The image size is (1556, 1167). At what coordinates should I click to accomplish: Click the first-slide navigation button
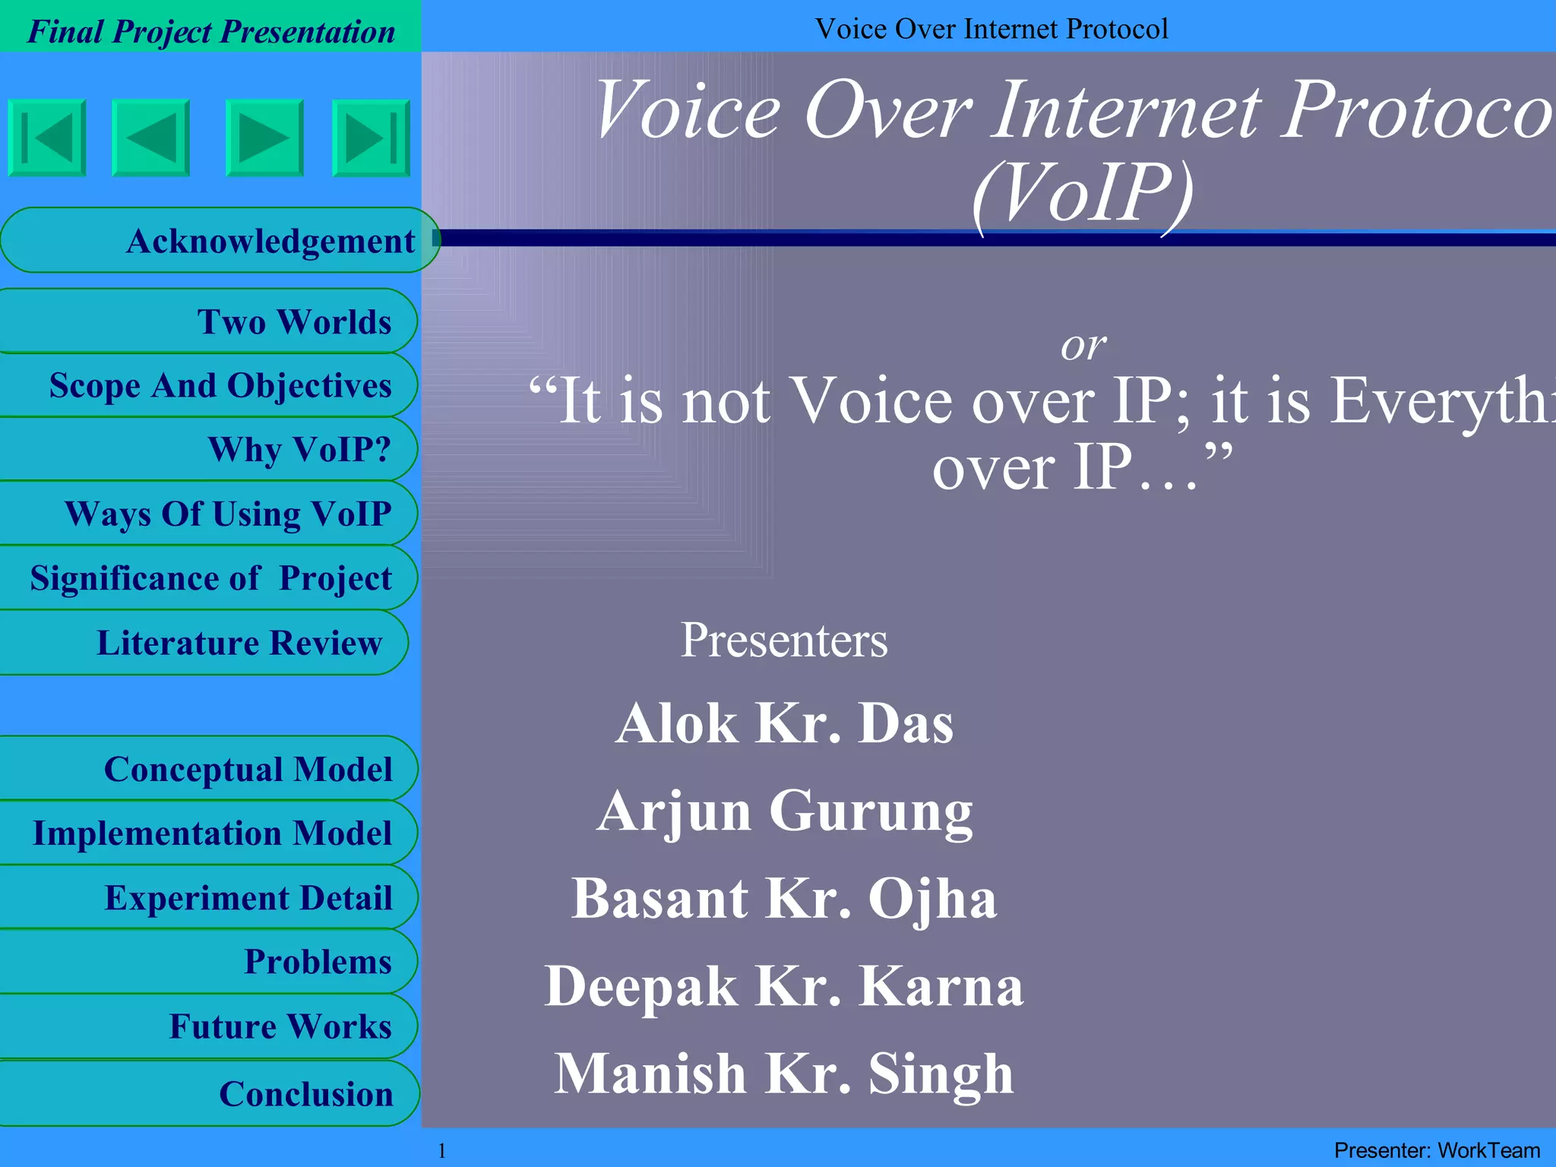click(47, 138)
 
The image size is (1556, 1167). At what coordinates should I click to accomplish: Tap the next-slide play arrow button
click(264, 138)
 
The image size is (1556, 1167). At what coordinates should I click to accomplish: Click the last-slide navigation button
click(371, 138)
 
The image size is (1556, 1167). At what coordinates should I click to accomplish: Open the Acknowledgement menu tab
click(220, 241)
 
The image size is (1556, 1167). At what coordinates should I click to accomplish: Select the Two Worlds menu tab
click(209, 321)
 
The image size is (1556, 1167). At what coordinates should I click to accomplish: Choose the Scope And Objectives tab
click(209, 385)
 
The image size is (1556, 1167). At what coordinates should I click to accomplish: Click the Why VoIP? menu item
click(209, 450)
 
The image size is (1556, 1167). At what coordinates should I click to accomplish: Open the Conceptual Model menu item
click(209, 769)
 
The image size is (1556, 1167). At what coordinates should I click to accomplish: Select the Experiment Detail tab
click(209, 897)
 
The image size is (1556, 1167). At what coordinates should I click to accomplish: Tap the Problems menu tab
click(209, 962)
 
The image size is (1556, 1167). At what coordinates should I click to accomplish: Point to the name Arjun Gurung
click(784, 811)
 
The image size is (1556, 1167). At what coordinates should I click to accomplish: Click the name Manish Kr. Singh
click(784, 1074)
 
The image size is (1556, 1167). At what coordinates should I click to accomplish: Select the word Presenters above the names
click(783, 640)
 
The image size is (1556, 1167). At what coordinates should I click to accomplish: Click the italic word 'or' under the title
click(1083, 346)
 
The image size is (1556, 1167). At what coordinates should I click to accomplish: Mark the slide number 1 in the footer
click(442, 1150)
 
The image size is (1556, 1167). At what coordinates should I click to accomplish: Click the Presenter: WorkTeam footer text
click(1437, 1150)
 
